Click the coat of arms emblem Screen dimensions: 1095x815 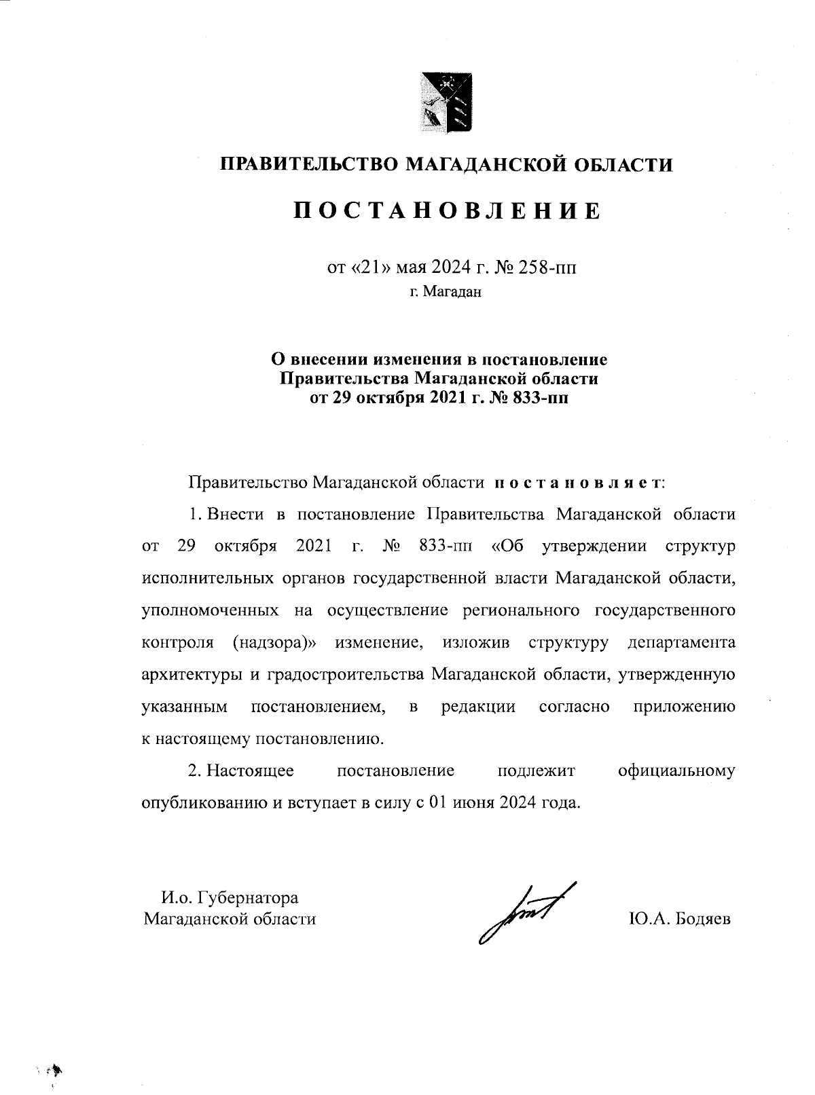[x=445, y=101]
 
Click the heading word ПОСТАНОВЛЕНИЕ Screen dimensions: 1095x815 [x=448, y=211]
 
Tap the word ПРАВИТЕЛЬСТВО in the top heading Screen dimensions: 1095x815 [x=308, y=164]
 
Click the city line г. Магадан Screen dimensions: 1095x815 [x=445, y=292]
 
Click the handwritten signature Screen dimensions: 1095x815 [x=523, y=914]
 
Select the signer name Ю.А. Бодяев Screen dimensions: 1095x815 [x=680, y=919]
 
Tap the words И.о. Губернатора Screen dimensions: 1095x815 [x=230, y=897]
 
